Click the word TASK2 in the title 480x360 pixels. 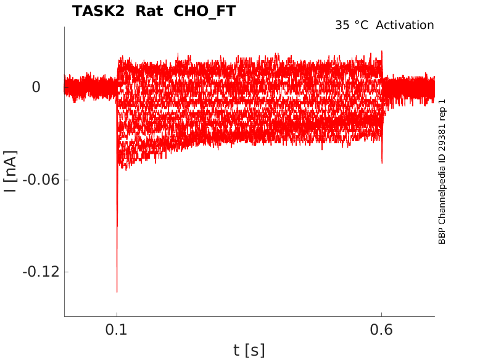[98, 11]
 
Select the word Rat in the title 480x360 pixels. [149, 11]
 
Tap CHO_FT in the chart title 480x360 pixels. [204, 12]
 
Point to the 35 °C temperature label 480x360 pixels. [352, 25]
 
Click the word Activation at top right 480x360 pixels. [405, 25]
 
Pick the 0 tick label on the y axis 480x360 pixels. [36, 87]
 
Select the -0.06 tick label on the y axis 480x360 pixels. [41, 180]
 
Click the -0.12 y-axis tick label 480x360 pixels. [41, 272]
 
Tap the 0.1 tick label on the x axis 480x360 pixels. [117, 330]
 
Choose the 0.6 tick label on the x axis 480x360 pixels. [381, 330]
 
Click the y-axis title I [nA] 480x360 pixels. [10, 172]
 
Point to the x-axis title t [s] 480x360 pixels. [249, 350]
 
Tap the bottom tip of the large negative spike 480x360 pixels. [117, 292]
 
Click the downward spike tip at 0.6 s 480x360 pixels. [382, 163]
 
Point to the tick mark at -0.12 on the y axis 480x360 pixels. [67, 272]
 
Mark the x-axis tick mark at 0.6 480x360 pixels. [381, 314]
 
